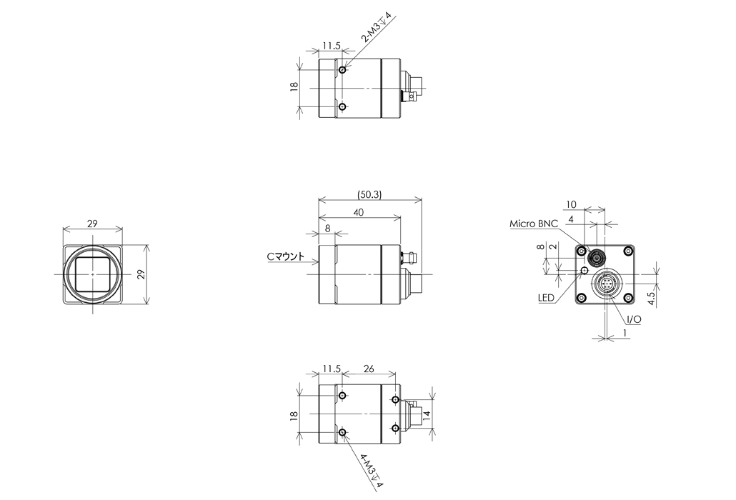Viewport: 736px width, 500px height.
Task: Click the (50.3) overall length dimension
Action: point(369,194)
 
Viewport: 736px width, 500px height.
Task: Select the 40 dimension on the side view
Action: point(359,212)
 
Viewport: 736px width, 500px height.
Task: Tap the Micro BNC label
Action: point(534,224)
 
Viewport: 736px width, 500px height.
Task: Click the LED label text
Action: point(546,297)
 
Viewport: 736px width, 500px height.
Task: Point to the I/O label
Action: point(634,319)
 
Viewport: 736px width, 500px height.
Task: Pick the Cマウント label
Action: point(285,256)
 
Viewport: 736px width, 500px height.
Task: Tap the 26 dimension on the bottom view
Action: point(369,369)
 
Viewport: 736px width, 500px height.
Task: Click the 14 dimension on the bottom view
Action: point(426,414)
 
